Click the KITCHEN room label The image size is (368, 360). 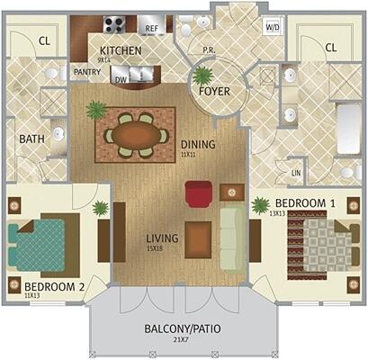(121, 50)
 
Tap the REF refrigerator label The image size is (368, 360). (152, 29)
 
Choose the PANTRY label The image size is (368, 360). (86, 71)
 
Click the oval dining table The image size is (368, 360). (136, 134)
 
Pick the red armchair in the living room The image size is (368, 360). (198, 193)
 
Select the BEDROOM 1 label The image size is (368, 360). (305, 203)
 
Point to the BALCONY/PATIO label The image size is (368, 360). (183, 328)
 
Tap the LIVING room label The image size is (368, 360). (163, 238)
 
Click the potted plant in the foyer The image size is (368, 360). (202, 76)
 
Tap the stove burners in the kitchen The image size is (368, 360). (115, 25)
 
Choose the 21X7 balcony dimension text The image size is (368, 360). (183, 340)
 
